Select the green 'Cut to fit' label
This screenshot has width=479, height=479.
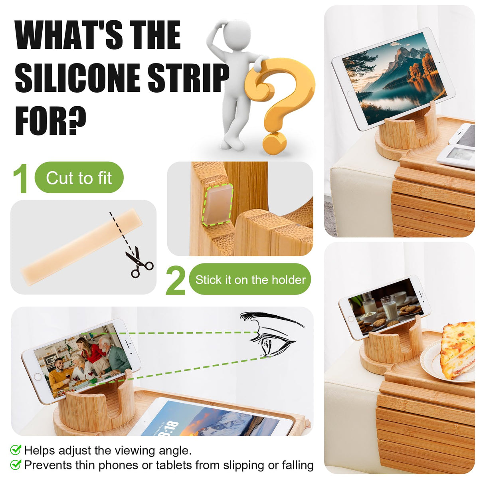point(79,178)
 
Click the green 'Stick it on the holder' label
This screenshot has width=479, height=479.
point(250,280)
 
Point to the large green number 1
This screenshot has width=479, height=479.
point(21,178)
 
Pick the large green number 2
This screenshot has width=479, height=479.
point(176,280)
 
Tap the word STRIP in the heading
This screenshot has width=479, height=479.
point(188,77)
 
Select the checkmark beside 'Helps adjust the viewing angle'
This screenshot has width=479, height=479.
point(16,450)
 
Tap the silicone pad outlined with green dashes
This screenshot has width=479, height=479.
point(217,205)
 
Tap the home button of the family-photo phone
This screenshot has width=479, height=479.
point(38,377)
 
